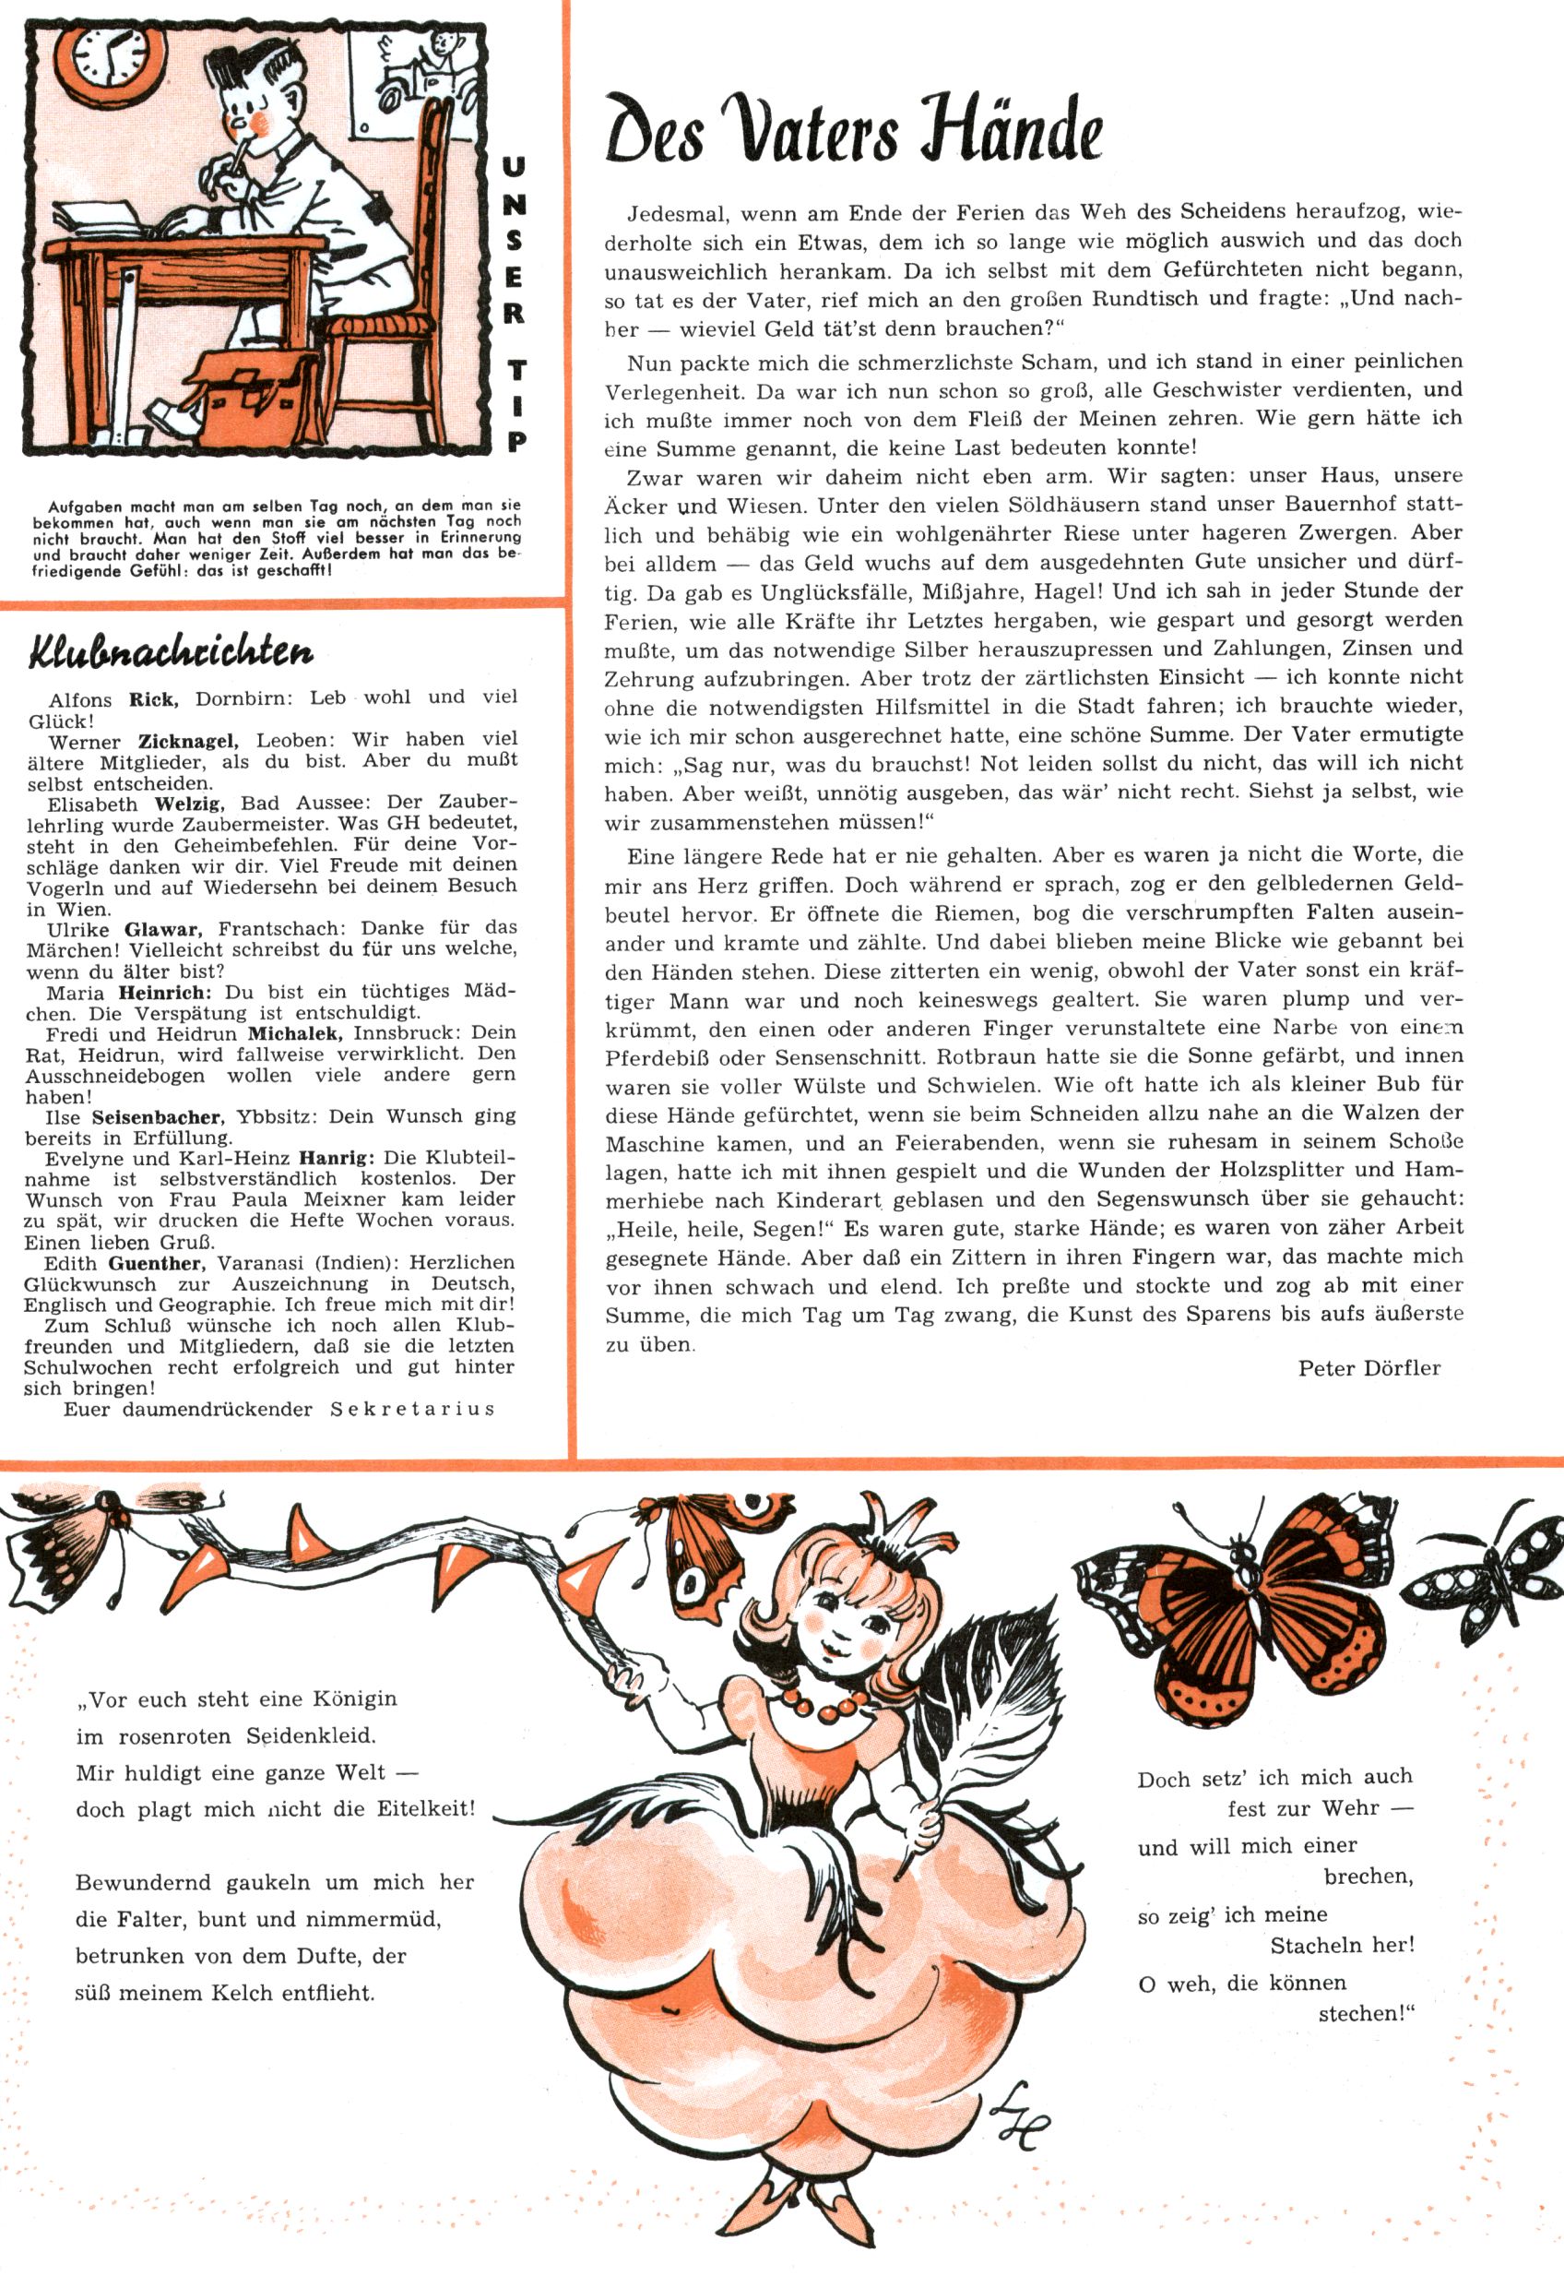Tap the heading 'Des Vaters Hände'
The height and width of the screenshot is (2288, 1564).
point(852,131)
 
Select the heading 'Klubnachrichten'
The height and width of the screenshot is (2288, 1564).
point(172,651)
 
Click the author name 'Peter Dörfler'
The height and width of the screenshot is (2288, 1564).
point(1368,1367)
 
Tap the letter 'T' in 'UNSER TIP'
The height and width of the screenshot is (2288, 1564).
point(515,371)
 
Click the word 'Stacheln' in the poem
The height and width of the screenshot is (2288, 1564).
point(1315,1946)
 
